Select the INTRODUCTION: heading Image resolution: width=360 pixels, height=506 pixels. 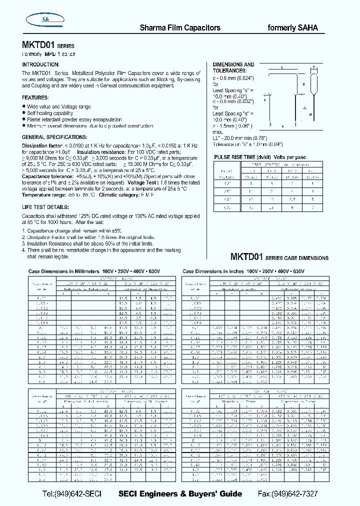pos(40,65)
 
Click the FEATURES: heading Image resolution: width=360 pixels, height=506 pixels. pos(35,98)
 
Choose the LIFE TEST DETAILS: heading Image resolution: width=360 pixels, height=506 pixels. pos(45,207)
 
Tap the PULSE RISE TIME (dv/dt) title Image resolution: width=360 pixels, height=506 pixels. pos(260,157)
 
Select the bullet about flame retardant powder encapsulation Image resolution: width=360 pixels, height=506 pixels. pos(74,120)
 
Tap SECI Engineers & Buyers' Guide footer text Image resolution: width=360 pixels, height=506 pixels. pos(180,493)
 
